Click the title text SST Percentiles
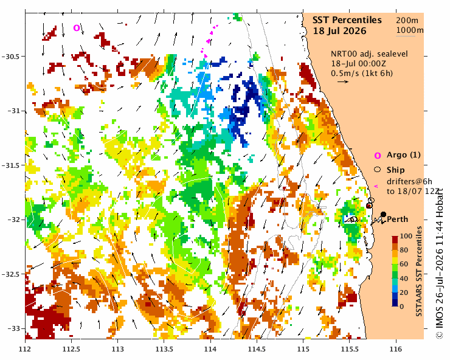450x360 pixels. (347, 20)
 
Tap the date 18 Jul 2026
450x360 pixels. (339, 31)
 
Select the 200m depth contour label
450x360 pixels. (407, 21)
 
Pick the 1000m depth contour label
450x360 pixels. (410, 30)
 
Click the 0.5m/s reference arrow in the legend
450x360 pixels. (343, 82)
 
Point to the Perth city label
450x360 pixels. (398, 220)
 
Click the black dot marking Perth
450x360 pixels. (383, 214)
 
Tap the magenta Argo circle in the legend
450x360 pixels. (378, 156)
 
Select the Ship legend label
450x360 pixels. (395, 170)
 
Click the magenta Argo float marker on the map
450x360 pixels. (77, 28)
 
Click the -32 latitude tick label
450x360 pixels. (13, 220)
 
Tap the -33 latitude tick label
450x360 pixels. (13, 328)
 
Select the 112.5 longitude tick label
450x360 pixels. (72, 350)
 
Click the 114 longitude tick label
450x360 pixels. (210, 350)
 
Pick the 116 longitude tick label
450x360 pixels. (396, 350)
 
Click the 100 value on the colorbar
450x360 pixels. (406, 237)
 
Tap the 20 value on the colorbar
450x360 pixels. (404, 292)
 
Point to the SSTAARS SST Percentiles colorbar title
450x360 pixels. (420, 271)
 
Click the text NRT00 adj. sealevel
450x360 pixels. (369, 54)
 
